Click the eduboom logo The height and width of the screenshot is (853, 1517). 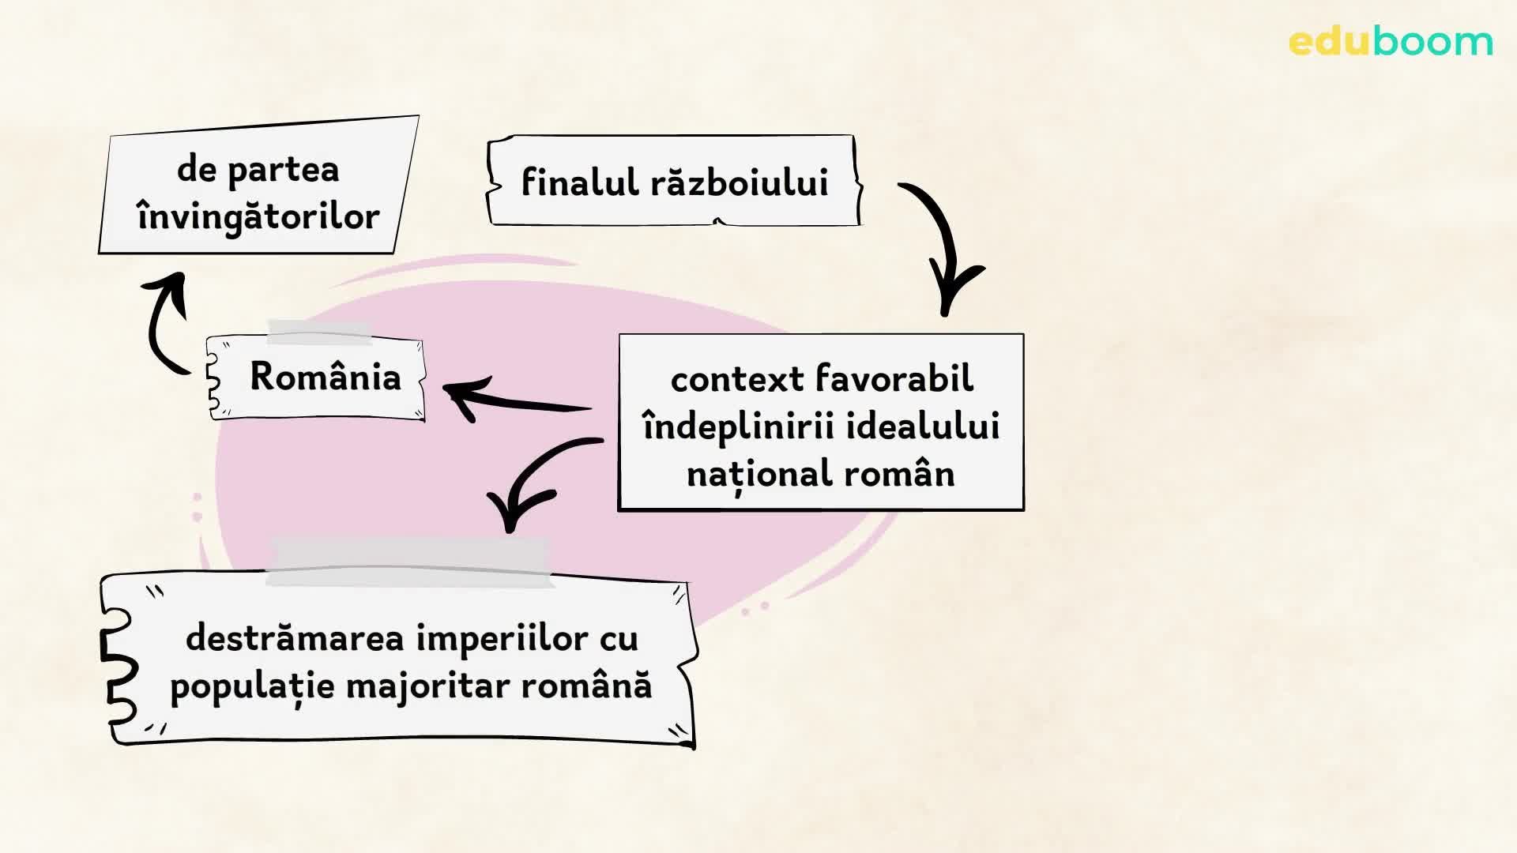coord(1390,42)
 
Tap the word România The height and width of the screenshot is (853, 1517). coord(326,377)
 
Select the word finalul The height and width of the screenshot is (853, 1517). coord(579,182)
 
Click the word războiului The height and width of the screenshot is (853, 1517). coord(739,182)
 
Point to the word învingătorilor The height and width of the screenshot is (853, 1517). coord(258,217)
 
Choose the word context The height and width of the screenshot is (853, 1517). coord(737,380)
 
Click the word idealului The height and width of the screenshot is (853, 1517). coord(923,426)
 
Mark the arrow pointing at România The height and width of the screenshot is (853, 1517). coord(514,399)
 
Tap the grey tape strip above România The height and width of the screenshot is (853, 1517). coord(319,333)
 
